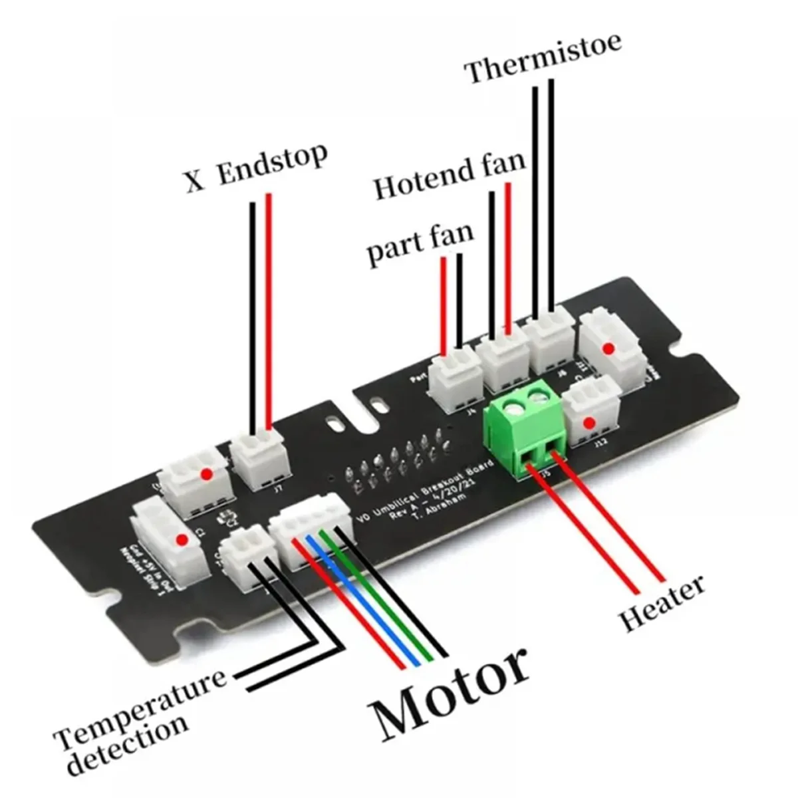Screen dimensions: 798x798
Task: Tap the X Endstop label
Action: pos(257,167)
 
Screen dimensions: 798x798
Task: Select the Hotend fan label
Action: pos(449,176)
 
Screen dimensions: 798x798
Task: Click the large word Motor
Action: pos(452,692)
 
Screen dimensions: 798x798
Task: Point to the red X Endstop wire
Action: pos(269,313)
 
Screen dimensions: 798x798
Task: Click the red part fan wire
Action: pos(443,306)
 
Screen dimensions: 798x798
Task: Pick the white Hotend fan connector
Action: pos(503,362)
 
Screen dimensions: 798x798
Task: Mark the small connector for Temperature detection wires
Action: pos(247,555)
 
